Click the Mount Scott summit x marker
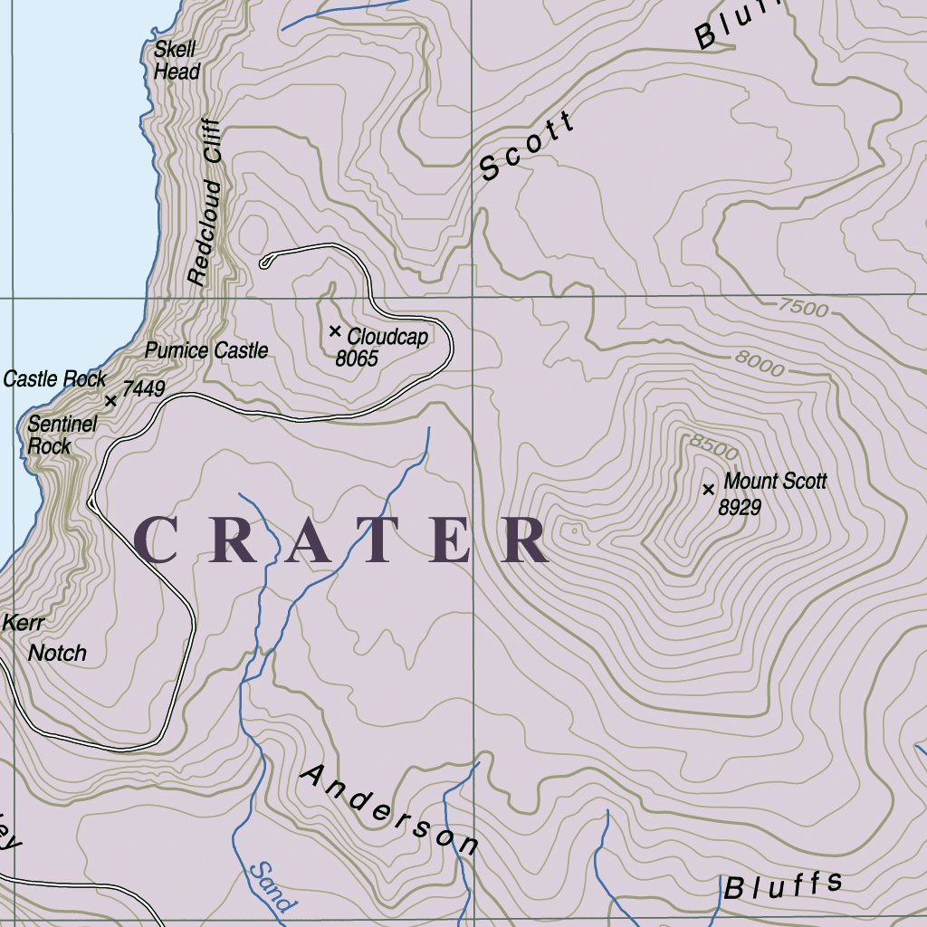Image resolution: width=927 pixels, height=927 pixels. pyautogui.click(x=708, y=490)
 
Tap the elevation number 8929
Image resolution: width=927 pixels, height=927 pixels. pyautogui.click(x=739, y=508)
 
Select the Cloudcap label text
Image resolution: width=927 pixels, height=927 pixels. pyautogui.click(x=387, y=338)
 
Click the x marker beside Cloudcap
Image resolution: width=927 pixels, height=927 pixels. pyautogui.click(x=335, y=331)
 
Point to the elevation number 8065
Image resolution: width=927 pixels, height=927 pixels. pyautogui.click(x=357, y=359)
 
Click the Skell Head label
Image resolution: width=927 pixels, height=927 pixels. pyautogui.click(x=176, y=61)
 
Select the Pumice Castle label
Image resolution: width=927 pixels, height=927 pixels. pyautogui.click(x=207, y=350)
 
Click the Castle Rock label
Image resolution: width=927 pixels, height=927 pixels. pyautogui.click(x=54, y=379)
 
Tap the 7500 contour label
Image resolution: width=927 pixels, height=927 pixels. pyautogui.click(x=802, y=309)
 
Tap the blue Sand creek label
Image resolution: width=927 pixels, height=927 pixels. pyautogui.click(x=272, y=886)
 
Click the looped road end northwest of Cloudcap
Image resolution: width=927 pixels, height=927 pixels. pyautogui.click(x=265, y=263)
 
